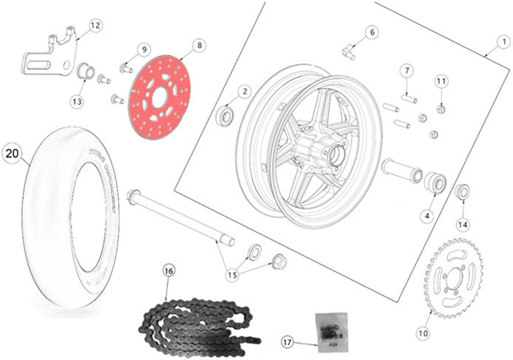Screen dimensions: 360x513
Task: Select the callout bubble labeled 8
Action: point(197,46)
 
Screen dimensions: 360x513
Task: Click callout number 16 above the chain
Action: point(169,271)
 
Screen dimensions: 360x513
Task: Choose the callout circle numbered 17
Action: point(288,342)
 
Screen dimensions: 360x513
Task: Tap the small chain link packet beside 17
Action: point(325,327)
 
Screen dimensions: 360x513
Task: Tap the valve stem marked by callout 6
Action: point(348,50)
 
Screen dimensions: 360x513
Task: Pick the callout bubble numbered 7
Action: point(406,71)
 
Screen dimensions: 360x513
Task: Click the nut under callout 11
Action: point(441,109)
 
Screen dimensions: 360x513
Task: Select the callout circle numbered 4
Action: point(426,216)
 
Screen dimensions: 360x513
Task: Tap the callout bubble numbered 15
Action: point(233,274)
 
